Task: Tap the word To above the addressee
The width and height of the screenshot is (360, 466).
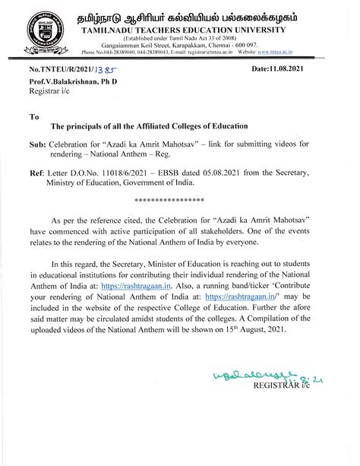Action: pyautogui.click(x=33, y=118)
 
